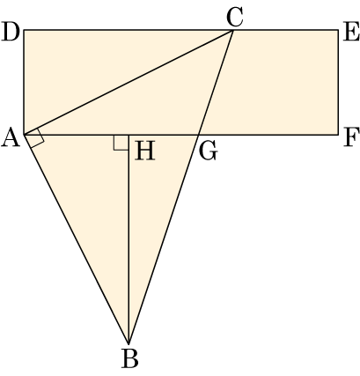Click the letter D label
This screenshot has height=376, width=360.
tap(11, 32)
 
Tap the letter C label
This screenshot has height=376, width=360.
tap(235, 18)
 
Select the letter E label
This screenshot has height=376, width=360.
tap(350, 32)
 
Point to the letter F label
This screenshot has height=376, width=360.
tap(351, 138)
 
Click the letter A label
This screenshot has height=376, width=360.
tap(11, 138)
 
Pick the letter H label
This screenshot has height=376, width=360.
tap(144, 151)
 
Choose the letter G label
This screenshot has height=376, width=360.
tap(208, 151)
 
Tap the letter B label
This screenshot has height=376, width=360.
tap(129, 358)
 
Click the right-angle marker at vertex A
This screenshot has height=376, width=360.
tap(38, 138)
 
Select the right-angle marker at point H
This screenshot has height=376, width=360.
tap(121, 143)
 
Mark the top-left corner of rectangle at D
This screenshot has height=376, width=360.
tap(24, 30)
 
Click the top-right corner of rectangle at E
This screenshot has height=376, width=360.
tap(338, 30)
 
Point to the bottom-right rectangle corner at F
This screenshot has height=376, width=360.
tap(338, 135)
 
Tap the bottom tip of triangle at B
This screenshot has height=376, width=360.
tap(129, 343)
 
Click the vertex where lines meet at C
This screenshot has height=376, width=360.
tap(233, 30)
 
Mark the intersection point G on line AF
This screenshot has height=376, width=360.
tap(198, 135)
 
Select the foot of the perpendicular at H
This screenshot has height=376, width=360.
tap(129, 135)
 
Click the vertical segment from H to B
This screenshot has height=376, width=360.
tap(129, 240)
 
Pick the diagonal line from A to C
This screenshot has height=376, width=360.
tap(129, 83)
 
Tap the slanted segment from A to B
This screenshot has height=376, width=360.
tap(77, 240)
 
